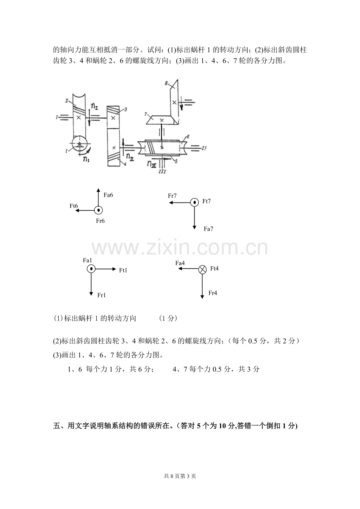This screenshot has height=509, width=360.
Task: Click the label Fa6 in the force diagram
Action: point(108,195)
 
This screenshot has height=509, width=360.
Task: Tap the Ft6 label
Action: point(74,206)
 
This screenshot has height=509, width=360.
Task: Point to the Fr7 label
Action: point(172,196)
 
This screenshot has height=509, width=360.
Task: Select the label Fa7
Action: point(208,229)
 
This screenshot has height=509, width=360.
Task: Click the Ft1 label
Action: point(123,270)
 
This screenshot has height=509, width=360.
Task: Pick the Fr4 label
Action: point(212,293)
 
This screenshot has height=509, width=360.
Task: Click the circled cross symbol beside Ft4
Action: point(202,269)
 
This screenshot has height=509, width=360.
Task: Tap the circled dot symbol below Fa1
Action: point(91,269)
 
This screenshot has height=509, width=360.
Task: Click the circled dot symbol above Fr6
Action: point(99,210)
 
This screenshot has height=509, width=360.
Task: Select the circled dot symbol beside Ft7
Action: point(194,202)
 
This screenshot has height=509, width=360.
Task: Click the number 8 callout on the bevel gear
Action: point(166,83)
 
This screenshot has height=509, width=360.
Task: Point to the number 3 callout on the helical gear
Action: point(126,109)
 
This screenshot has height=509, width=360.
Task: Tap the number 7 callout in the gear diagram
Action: point(146,114)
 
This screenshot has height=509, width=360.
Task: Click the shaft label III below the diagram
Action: point(162,172)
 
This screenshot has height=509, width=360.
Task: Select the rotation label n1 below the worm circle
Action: point(86,159)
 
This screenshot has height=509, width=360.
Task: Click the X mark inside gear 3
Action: point(113,118)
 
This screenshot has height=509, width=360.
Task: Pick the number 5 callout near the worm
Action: point(176,161)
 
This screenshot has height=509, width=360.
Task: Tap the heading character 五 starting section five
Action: point(56,426)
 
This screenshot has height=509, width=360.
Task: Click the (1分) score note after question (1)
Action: point(168,318)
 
